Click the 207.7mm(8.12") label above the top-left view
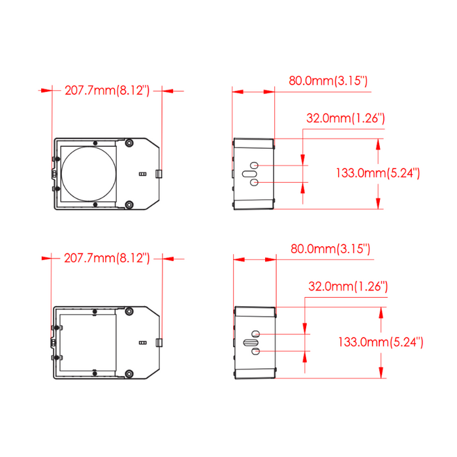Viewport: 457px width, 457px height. (107, 90)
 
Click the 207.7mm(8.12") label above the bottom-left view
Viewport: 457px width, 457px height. (106, 259)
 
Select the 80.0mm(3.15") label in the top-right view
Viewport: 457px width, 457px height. (328, 81)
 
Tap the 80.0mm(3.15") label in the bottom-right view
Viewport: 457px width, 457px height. (330, 249)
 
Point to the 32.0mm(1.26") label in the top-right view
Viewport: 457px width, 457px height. (345, 118)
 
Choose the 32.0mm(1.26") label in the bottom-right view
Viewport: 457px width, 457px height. (348, 287)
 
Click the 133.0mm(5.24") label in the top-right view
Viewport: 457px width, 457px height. (378, 173)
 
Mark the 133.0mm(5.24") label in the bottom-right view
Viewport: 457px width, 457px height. (381, 342)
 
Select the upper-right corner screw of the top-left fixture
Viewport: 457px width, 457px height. (129, 143)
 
